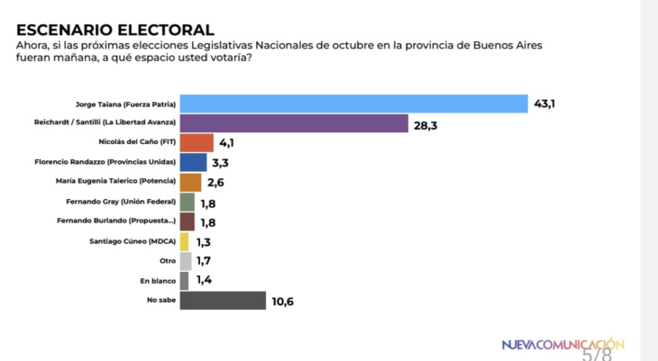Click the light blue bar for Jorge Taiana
tap(353, 104)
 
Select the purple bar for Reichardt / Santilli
tap(294, 123)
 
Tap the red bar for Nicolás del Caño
tap(196, 142)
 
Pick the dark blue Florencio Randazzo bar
tap(193, 162)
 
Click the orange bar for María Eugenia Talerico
tap(190, 182)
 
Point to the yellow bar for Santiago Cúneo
tap(185, 241)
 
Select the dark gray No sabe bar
tap(223, 301)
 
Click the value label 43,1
tap(544, 104)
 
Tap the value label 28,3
tap(426, 124)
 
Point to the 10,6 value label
tap(282, 302)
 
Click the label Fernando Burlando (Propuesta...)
tap(122, 221)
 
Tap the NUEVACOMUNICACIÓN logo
tap(562, 343)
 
